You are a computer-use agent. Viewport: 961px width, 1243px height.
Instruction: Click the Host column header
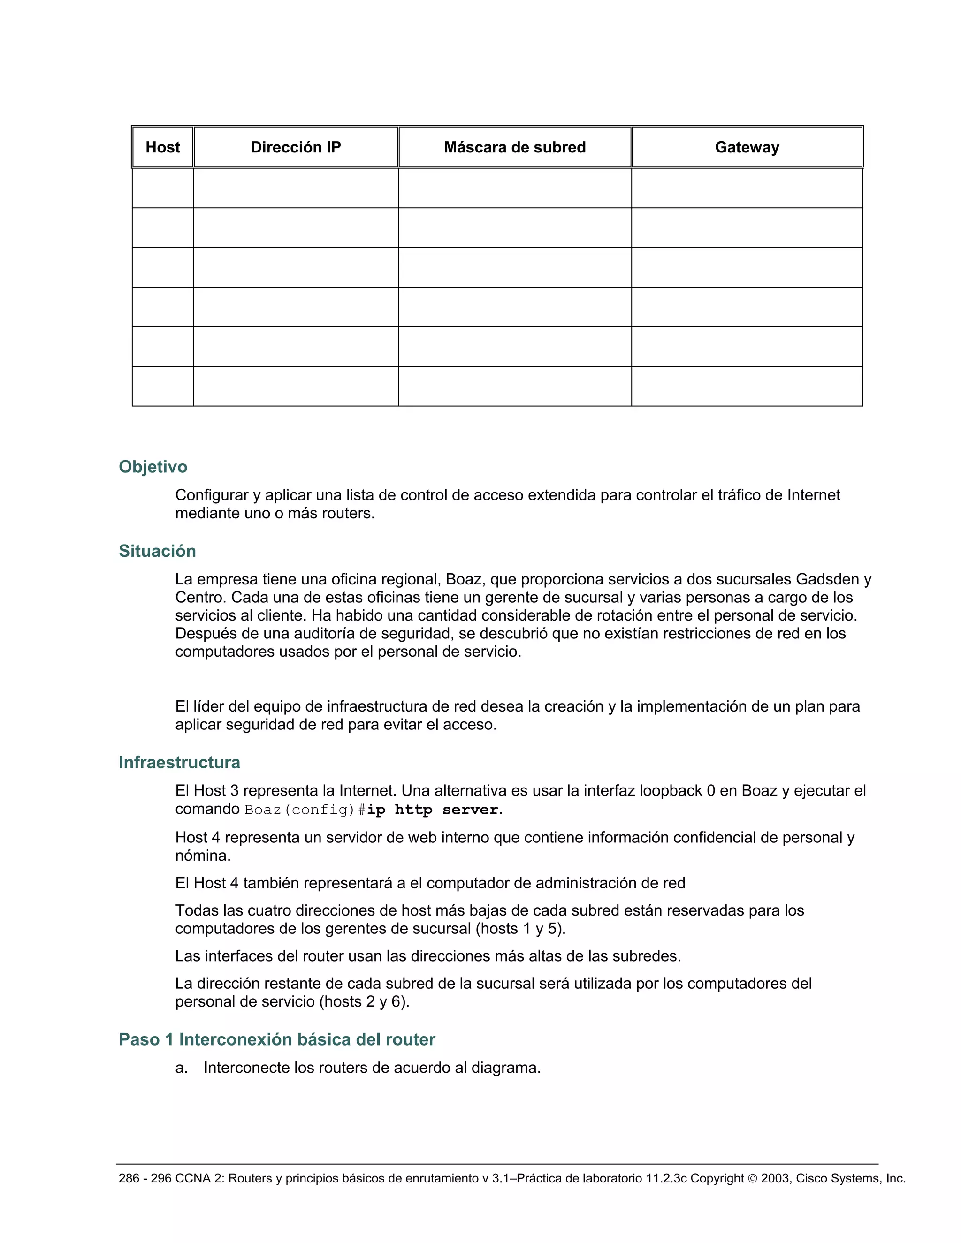pos(162,147)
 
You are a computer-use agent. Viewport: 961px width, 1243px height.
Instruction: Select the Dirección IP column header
pos(296,147)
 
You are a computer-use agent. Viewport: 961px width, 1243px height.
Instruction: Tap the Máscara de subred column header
pos(515,147)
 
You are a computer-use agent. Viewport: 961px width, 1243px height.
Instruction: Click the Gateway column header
pos(747,147)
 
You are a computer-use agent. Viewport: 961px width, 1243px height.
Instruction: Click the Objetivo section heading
pos(153,467)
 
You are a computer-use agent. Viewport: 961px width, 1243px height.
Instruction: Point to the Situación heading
pos(157,551)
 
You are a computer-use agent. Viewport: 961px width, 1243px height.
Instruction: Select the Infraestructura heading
pos(179,762)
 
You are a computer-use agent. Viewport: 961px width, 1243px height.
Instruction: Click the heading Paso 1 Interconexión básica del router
pos(277,1039)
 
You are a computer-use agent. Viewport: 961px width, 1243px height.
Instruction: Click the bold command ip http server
pos(433,810)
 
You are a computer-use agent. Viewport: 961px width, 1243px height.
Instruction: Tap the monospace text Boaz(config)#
pos(305,810)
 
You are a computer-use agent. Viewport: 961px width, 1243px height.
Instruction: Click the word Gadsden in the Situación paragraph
pos(827,579)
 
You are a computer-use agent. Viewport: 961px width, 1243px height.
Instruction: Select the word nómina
pos(202,856)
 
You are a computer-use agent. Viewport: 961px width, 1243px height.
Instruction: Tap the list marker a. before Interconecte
pos(182,1068)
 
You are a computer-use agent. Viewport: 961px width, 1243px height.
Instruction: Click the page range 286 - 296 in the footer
pos(145,1178)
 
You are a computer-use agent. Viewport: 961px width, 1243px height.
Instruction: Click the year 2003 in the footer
pos(774,1178)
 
